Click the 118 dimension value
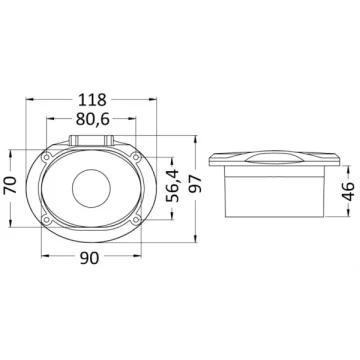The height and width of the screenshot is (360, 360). point(92,100)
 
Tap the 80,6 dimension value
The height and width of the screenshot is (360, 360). point(93,119)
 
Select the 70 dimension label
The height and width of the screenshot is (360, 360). point(10,185)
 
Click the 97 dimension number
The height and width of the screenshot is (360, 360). point(195,183)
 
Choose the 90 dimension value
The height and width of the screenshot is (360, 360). point(90,258)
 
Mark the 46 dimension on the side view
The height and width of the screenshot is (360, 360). point(349,191)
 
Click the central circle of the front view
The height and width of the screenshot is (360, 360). point(91,189)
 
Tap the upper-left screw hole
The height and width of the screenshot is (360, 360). point(47,157)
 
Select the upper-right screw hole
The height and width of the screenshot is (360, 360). point(135,157)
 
